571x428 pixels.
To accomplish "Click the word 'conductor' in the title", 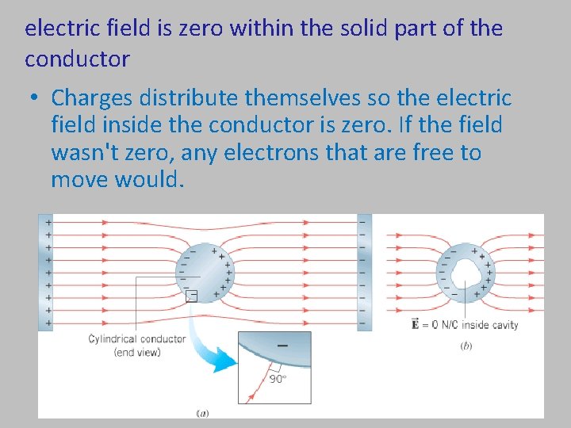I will coord(77,59).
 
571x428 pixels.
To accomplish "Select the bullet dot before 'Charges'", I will coord(35,99).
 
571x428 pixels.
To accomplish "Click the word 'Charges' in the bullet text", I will coord(92,98).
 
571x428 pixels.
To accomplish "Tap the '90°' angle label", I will coord(278,379).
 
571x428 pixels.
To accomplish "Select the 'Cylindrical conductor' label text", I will coord(137,339).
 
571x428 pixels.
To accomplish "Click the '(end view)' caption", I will coord(137,352).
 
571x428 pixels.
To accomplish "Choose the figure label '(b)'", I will coord(466,346).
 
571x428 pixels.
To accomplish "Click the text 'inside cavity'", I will coord(489,325).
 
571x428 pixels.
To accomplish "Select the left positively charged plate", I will coord(45,271).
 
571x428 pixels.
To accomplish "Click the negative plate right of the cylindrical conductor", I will coord(364,271).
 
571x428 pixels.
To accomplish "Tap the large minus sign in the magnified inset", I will coord(282,346).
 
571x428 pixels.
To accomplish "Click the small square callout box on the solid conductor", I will coord(190,296).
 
